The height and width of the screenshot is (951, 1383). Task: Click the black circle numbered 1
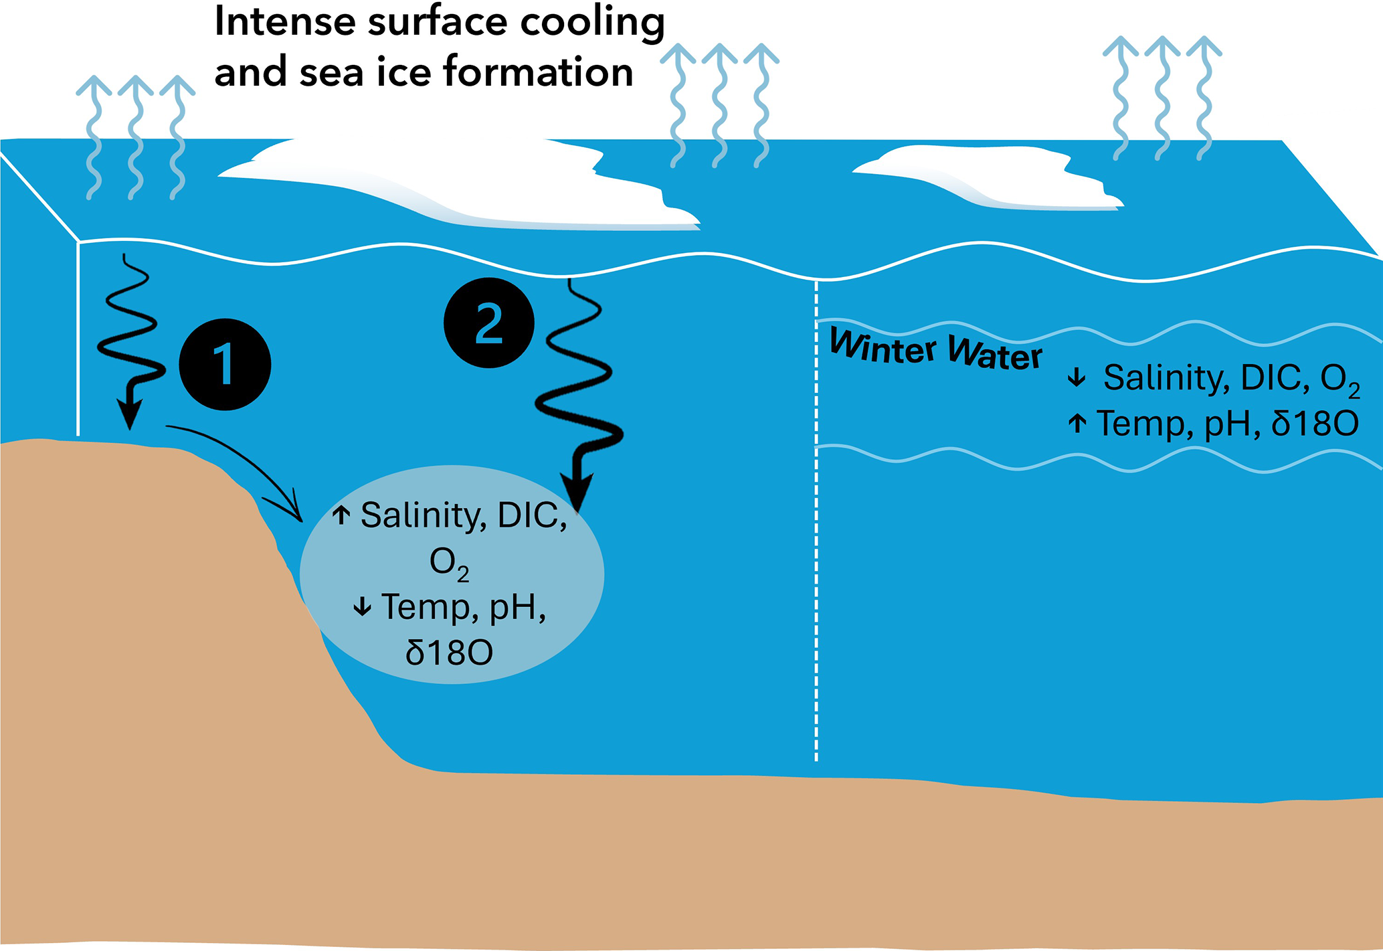pos(225,364)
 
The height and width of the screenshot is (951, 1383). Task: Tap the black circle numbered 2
pos(488,323)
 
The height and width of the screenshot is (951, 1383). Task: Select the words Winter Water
pos(935,349)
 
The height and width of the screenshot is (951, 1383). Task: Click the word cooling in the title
pos(592,22)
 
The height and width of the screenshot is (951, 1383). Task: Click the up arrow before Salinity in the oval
pos(341,515)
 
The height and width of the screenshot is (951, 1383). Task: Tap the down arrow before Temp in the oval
pos(362,606)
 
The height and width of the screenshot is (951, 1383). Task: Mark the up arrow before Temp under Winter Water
pos(1077,423)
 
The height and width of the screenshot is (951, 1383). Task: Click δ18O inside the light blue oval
pos(449,653)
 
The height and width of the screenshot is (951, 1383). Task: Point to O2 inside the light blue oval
pos(448,564)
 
